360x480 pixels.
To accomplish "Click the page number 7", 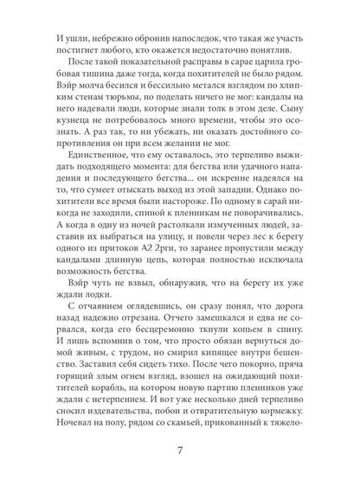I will [180, 451].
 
